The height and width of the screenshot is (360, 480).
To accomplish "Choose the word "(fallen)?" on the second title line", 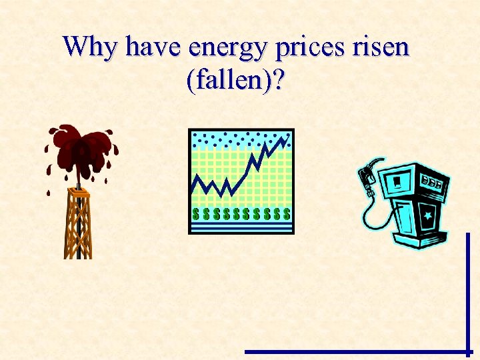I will [x=237, y=81].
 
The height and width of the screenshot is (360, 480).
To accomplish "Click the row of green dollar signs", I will [x=241, y=214].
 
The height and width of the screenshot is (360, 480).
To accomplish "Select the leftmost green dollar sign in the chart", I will [x=196, y=214].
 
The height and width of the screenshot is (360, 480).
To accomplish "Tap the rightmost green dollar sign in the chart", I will [x=287, y=214].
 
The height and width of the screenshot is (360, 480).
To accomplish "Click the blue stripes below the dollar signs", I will [x=241, y=227].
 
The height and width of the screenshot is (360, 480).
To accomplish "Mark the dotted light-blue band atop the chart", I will [x=240, y=139].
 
